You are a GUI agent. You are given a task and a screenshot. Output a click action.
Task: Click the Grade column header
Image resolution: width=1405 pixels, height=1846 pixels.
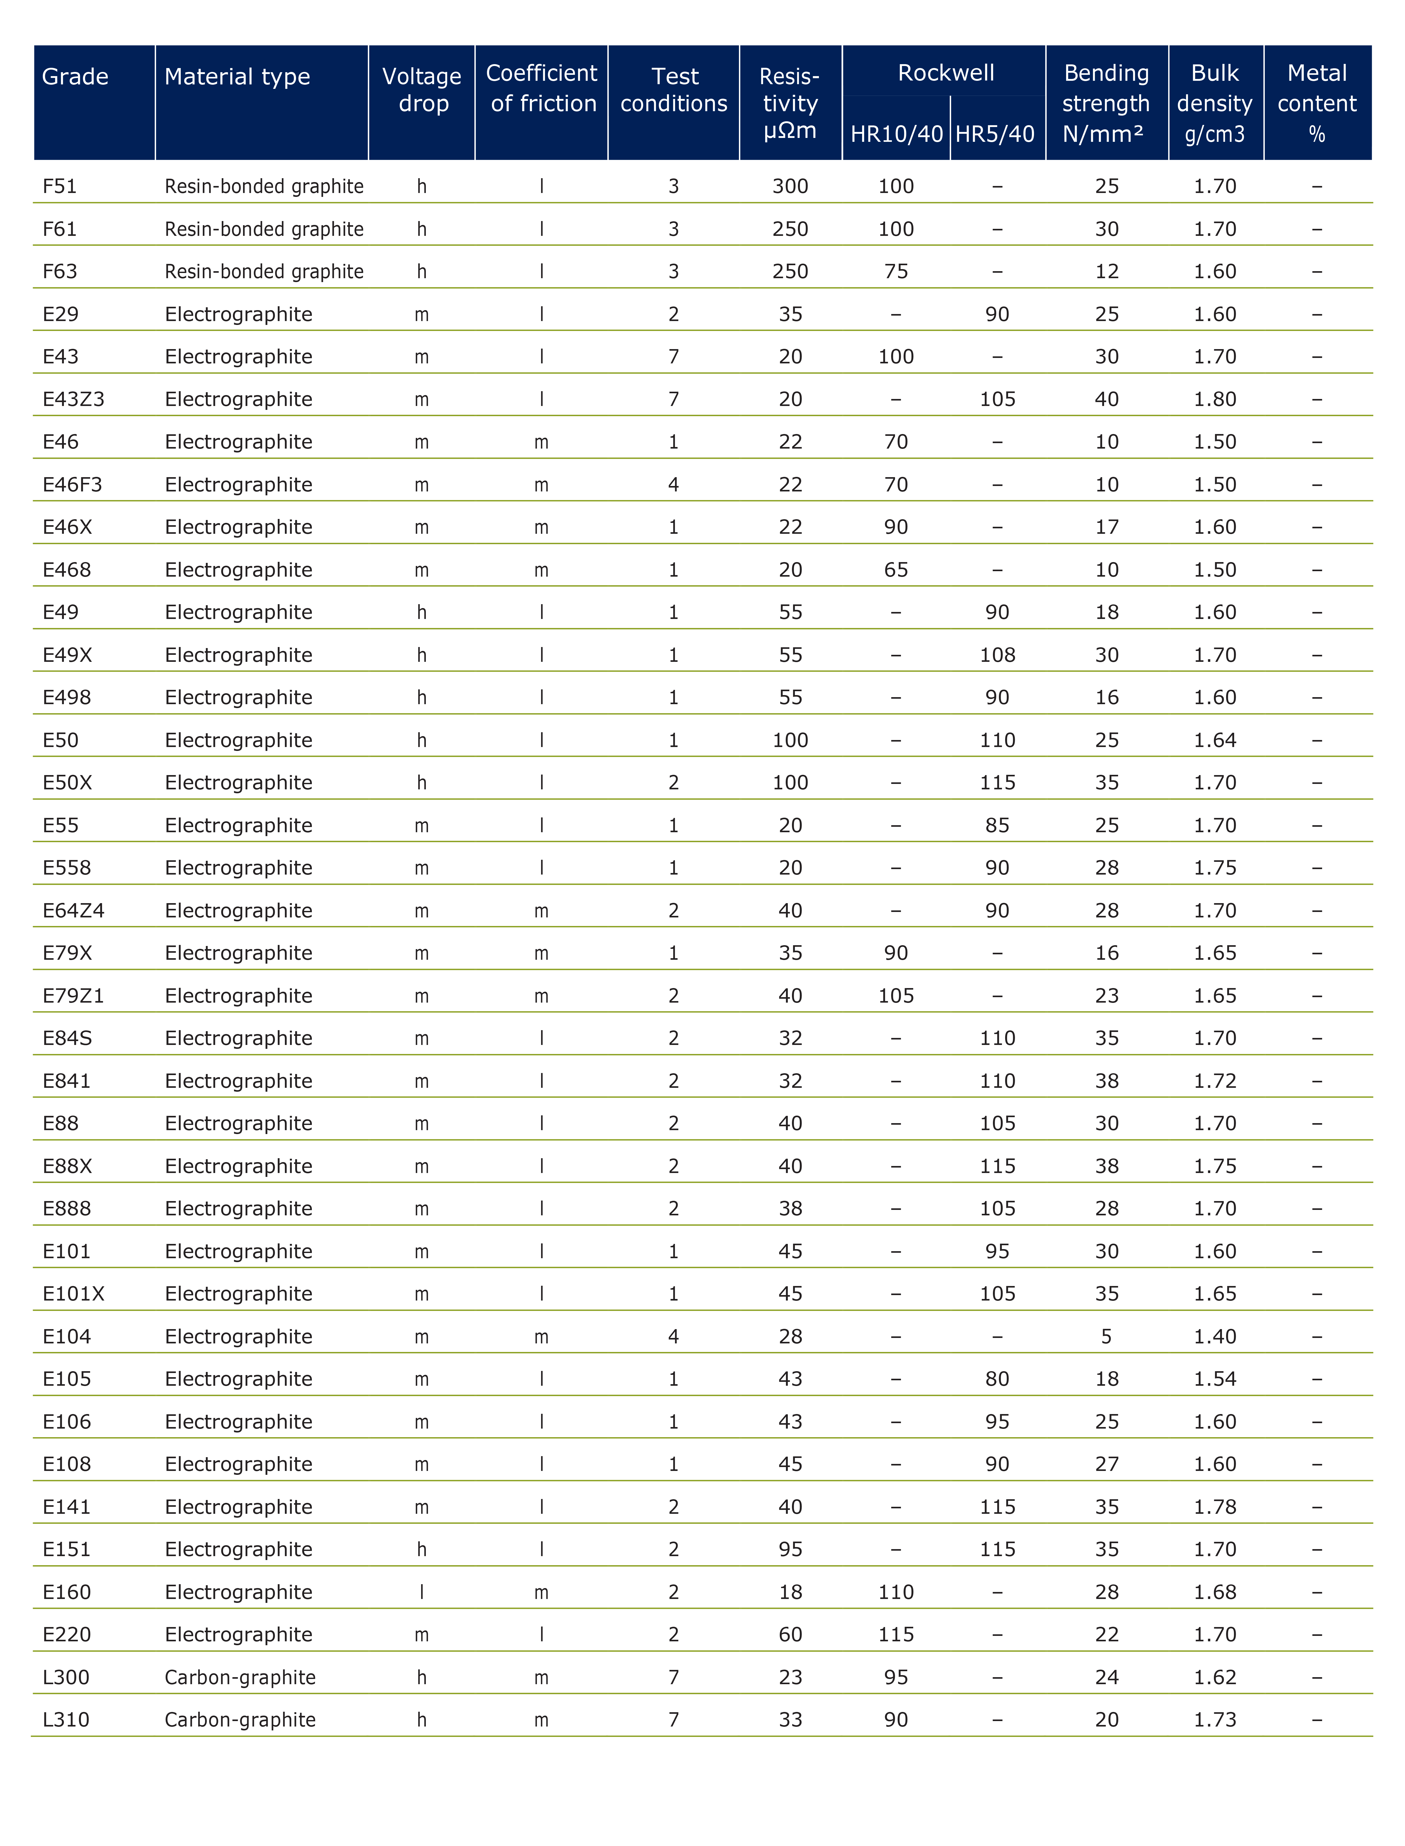click(x=75, y=77)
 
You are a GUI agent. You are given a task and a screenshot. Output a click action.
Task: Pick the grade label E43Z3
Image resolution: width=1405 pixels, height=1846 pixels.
click(x=73, y=399)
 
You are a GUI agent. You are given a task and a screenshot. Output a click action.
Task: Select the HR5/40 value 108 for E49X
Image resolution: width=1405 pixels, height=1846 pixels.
click(x=997, y=655)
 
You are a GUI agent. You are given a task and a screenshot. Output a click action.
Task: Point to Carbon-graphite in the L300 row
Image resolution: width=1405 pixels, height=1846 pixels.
click(x=240, y=1677)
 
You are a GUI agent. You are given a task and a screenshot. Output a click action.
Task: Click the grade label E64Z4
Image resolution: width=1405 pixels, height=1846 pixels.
click(x=73, y=910)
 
